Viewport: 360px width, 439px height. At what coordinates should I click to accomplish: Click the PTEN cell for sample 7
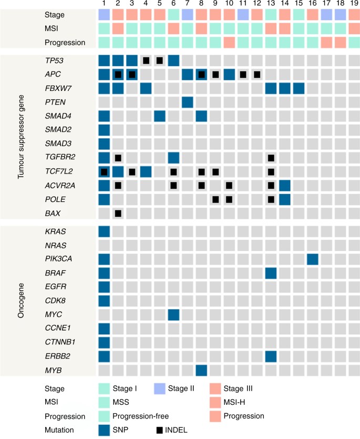188,101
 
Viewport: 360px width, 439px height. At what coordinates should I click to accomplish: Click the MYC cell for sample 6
174,313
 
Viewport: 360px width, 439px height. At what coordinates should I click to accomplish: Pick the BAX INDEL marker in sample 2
118,213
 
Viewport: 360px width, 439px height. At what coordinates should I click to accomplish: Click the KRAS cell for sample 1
104,231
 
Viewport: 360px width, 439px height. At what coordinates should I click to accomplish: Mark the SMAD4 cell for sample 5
160,115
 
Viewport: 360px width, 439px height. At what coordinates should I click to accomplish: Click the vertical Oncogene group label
22,300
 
